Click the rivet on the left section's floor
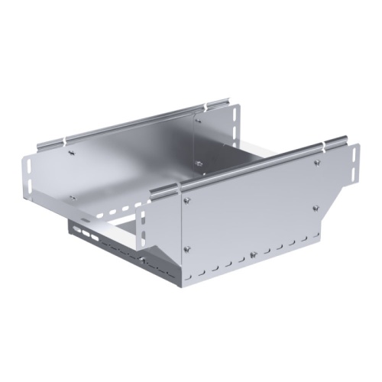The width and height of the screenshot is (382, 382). pos(73,198)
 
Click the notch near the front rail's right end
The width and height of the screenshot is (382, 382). pos(334,143)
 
